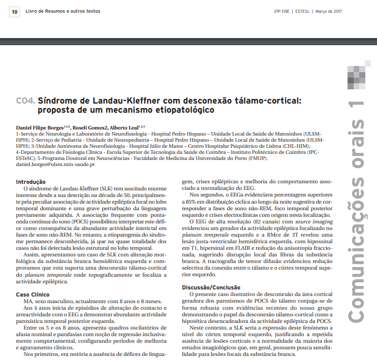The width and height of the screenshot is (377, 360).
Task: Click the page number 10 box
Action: coord(14,11)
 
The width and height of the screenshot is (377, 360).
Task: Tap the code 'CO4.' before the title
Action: coord(25,101)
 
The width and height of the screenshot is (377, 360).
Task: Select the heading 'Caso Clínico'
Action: coord(34,294)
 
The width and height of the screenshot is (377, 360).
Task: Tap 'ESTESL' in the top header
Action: coord(301,11)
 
